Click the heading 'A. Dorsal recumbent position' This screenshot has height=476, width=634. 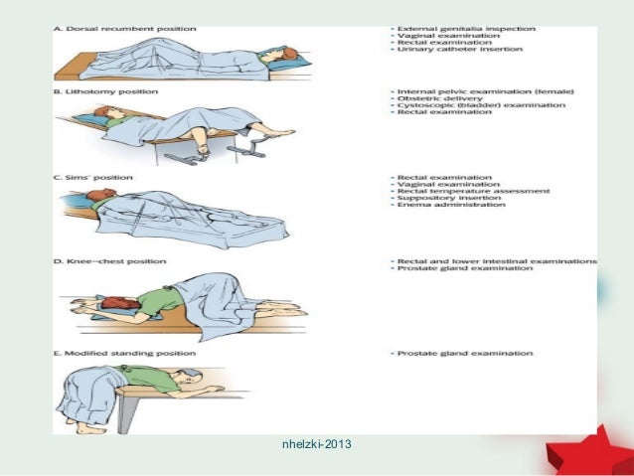95,29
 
